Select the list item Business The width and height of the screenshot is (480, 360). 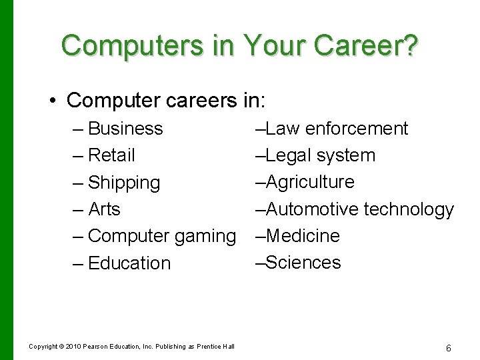(x=125, y=128)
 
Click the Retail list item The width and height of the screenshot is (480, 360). (x=111, y=155)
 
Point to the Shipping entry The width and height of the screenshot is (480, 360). (x=124, y=183)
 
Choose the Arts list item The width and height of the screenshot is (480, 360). (x=104, y=209)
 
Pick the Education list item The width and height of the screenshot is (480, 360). (x=129, y=263)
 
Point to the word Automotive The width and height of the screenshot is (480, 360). (x=312, y=209)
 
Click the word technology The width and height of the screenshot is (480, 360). (x=409, y=209)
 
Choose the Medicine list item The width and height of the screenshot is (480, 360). (x=303, y=236)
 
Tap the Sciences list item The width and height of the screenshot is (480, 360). (x=303, y=263)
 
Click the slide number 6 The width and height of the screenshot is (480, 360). (x=449, y=348)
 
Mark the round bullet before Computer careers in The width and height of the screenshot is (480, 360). (x=52, y=101)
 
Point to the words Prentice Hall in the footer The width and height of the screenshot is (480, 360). (x=215, y=347)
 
